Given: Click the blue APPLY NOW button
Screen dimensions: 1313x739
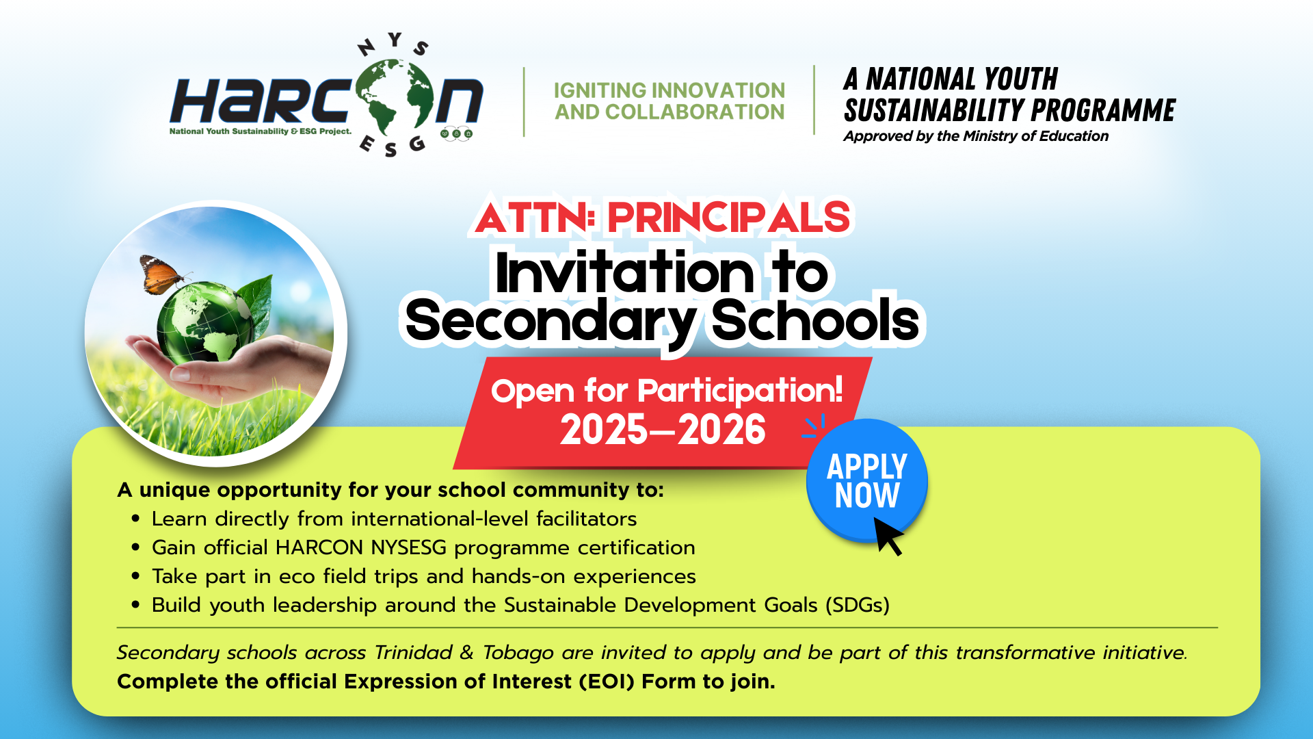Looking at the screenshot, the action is coord(866,480).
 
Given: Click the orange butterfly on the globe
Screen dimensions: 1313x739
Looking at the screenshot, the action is coord(162,274).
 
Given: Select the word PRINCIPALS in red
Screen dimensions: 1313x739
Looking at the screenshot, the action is coord(729,218).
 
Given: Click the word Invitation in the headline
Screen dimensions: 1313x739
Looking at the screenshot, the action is coord(625,272).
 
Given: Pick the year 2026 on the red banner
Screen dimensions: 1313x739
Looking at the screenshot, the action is coord(722,430).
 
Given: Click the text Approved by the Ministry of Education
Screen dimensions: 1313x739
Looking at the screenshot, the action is coord(976,136).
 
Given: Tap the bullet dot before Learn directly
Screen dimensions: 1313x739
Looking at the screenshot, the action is coord(135,519).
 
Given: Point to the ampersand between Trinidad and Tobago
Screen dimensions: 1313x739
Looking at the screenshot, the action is coord(467,652).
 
